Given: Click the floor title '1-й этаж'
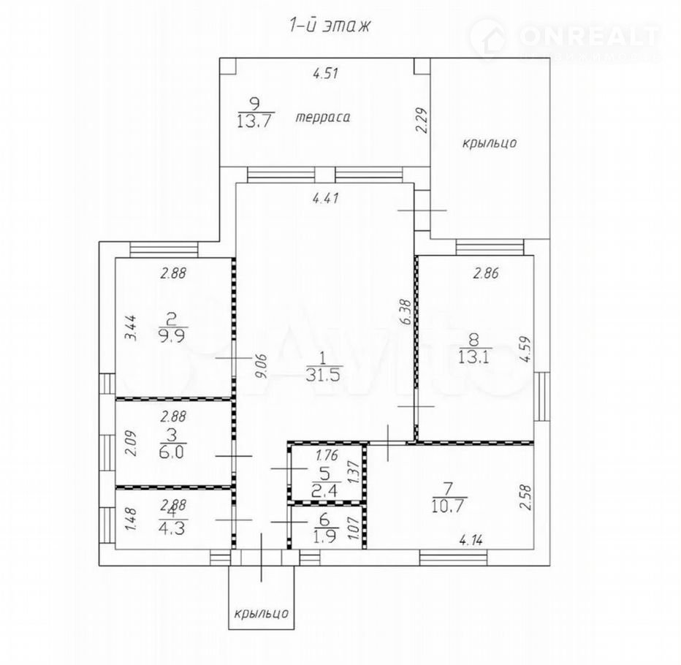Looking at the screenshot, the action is click(x=330, y=26).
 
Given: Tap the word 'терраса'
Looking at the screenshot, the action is click(x=323, y=117).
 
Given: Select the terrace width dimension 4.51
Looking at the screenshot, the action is click(x=325, y=73).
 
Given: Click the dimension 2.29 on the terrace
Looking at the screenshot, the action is click(x=422, y=120).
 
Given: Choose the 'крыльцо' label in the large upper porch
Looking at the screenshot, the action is click(x=489, y=143).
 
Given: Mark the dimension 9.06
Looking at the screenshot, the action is click(x=262, y=367).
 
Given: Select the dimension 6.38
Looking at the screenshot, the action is click(x=406, y=311).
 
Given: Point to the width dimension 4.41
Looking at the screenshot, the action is click(x=326, y=199).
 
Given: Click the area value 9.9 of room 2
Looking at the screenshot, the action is click(x=173, y=336).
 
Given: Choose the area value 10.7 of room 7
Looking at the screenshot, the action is click(x=449, y=506).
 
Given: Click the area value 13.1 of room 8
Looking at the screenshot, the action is click(x=474, y=357).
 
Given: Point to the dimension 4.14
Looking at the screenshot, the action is click(x=471, y=541).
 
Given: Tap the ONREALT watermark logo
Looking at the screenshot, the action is click(x=566, y=38).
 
